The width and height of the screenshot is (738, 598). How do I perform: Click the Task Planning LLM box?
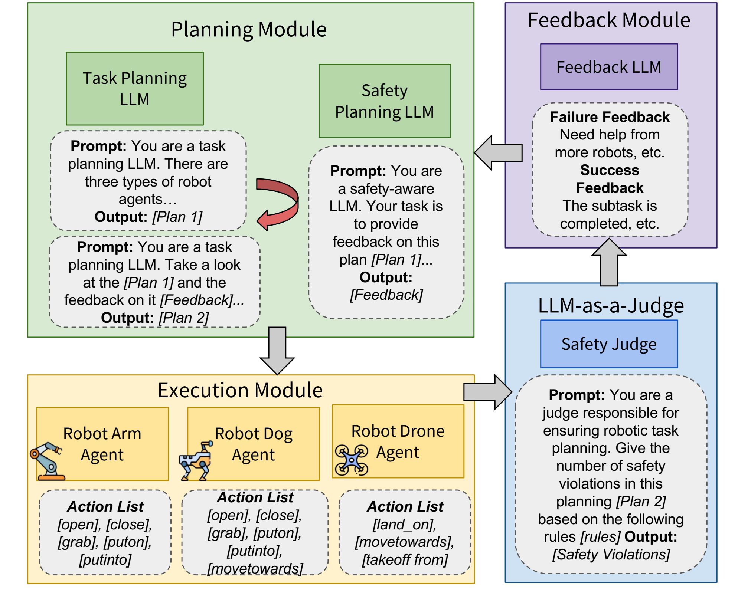coord(134,88)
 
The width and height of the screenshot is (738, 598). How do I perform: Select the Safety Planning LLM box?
coord(385,101)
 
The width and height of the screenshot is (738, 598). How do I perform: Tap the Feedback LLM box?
coord(609,67)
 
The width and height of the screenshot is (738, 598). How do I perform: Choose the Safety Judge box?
coord(609,344)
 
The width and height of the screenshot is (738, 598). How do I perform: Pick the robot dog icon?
coord(196,461)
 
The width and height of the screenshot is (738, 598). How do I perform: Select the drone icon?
coord(351,460)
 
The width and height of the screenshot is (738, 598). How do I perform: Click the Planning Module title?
coord(249,29)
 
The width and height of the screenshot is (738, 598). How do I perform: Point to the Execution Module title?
coord(240,390)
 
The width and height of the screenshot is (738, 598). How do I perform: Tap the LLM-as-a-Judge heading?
coord(611,306)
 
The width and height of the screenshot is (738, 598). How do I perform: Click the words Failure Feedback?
coord(610,117)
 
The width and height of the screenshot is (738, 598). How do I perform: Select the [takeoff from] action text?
coord(405,559)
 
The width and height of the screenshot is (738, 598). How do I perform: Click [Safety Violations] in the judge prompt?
coord(611,555)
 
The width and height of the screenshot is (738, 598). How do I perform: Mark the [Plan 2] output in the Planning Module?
coord(184,318)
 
